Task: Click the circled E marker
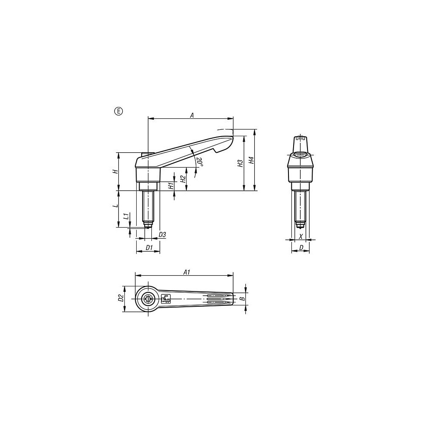click(x=118, y=111)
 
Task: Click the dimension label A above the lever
click(x=192, y=115)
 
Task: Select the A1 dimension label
click(x=186, y=273)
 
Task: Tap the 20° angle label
click(x=199, y=162)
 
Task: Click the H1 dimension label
click(x=170, y=185)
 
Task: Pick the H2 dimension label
click(x=182, y=179)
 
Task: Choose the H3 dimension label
click(x=240, y=163)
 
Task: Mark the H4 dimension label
click(x=251, y=160)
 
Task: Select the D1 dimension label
click(x=148, y=247)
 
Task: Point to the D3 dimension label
click(x=162, y=234)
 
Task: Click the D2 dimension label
click(x=121, y=298)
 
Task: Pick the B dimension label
click(x=242, y=298)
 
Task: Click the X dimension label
click(x=301, y=236)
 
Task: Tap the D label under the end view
click(x=301, y=247)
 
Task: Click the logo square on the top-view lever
click(x=165, y=299)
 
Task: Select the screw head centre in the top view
click(x=148, y=299)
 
